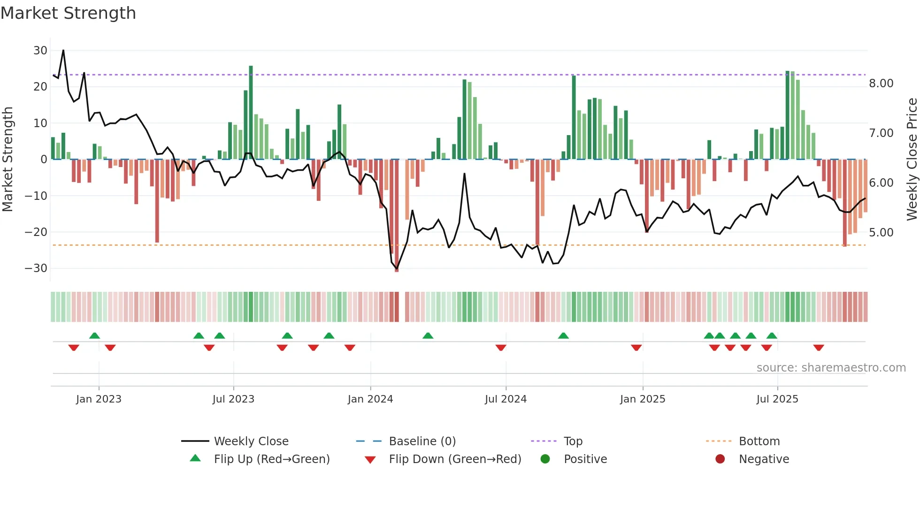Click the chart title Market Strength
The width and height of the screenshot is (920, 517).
[x=68, y=13]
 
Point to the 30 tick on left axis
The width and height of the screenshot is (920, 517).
[x=40, y=50]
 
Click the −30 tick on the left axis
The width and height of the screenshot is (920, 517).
[x=36, y=268]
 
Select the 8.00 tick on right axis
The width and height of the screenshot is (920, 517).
[x=881, y=84]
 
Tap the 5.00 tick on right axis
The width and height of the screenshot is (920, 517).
[x=881, y=233]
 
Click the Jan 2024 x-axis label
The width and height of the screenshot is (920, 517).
[x=370, y=399]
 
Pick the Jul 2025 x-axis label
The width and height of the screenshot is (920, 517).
[x=777, y=399]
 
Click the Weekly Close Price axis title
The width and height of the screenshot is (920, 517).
[x=912, y=160]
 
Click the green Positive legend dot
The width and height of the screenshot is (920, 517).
[x=545, y=459]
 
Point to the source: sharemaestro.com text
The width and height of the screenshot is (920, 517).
[x=831, y=368]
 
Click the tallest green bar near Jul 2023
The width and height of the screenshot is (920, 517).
[x=251, y=113]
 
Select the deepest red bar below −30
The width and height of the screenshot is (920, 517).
[x=397, y=216]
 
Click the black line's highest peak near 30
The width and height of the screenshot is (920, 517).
[x=63, y=51]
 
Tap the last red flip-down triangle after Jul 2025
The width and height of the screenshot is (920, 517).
[x=819, y=348]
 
